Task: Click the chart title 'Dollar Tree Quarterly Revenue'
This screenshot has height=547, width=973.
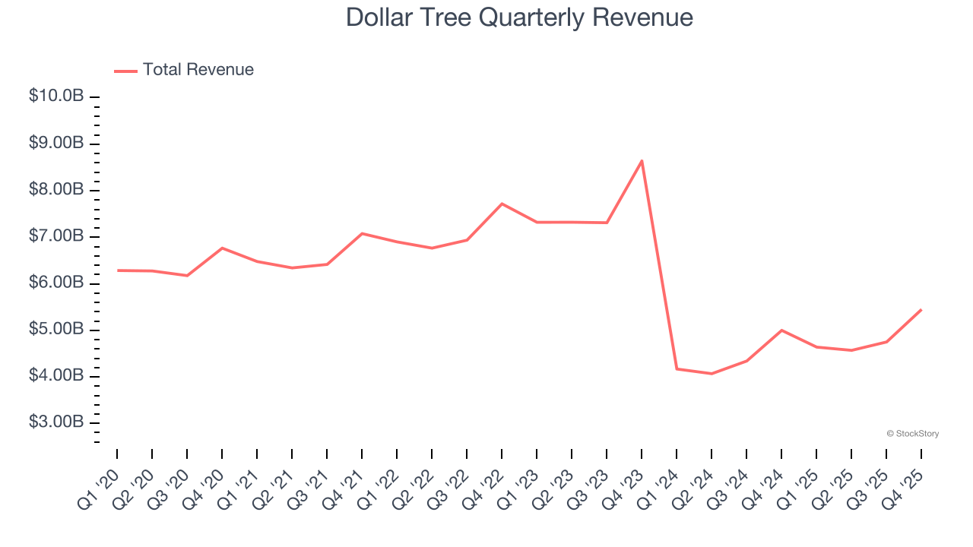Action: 519,17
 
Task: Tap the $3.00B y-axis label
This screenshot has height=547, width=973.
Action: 55,422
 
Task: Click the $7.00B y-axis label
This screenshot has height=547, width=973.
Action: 55,236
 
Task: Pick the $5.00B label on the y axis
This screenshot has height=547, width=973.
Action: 55,330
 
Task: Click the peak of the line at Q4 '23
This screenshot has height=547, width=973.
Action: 642,160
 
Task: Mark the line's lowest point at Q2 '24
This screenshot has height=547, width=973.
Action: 712,374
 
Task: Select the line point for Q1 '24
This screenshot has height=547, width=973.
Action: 677,368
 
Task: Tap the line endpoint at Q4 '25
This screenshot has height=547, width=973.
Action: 921,309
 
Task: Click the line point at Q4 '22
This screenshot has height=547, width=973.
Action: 502,204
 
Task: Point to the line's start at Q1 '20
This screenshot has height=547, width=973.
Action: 117,270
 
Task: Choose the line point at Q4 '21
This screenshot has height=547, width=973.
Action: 362,233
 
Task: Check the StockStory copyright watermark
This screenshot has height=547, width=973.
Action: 912,434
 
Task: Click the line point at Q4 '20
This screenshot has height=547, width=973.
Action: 222,248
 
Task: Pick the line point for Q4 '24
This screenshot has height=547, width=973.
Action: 781,330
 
